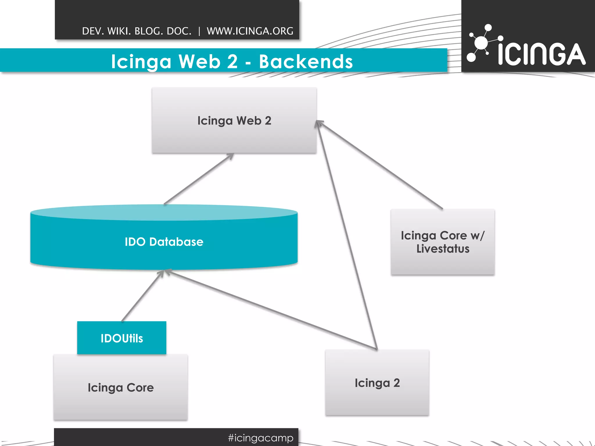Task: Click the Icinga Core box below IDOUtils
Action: (x=121, y=387)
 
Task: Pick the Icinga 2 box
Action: (x=377, y=383)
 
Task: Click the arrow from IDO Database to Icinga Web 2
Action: (x=199, y=179)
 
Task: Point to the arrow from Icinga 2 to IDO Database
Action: (x=270, y=310)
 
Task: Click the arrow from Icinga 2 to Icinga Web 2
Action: (x=347, y=235)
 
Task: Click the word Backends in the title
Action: (x=306, y=62)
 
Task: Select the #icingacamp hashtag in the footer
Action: (x=261, y=438)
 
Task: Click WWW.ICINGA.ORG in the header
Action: (x=250, y=31)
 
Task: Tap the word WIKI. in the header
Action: (x=119, y=31)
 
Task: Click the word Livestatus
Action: (x=443, y=249)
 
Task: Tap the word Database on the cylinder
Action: (x=176, y=242)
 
